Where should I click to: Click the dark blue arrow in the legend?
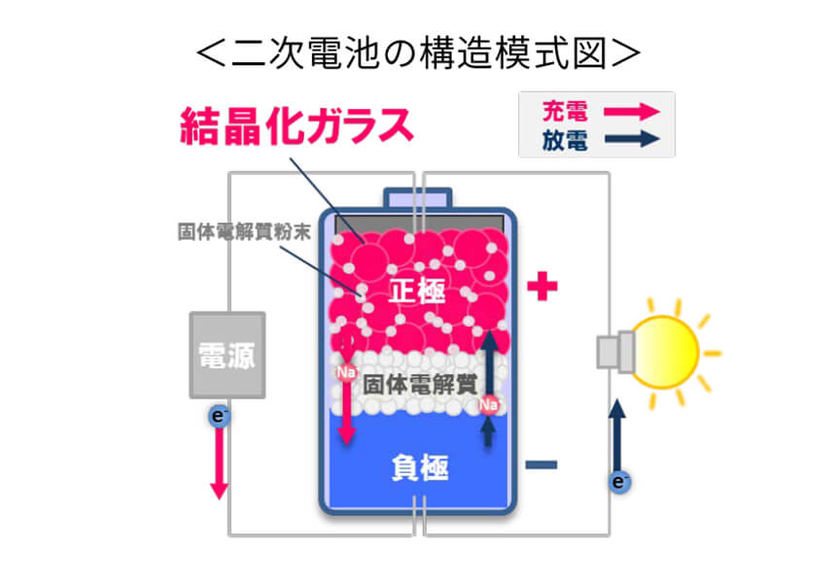(633, 140)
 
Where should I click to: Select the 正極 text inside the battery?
(418, 291)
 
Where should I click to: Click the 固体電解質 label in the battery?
(419, 383)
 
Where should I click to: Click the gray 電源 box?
(227, 355)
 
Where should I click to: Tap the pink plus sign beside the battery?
(542, 287)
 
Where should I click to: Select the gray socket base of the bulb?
(613, 352)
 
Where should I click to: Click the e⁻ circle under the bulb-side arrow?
(616, 480)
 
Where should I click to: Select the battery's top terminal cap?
(418, 197)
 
